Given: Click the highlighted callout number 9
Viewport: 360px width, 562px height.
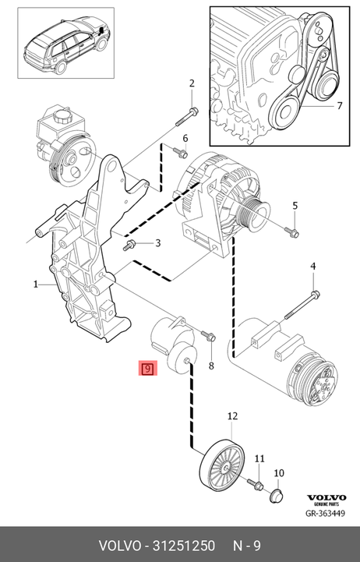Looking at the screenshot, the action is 148,368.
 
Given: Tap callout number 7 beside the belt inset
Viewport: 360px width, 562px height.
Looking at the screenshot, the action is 339,106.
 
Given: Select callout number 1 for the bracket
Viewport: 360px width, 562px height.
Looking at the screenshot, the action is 36,285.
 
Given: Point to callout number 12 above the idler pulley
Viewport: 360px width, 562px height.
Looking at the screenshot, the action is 232,415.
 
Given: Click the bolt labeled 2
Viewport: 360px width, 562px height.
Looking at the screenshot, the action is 185,117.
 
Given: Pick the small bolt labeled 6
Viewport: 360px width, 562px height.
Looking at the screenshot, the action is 180,153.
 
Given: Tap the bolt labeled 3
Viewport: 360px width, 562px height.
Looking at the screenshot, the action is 129,246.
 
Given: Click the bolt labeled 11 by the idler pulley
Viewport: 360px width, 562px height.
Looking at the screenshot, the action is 256,484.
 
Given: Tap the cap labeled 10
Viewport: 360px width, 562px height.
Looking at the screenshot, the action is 276,496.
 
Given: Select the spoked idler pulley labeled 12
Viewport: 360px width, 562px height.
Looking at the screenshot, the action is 222,465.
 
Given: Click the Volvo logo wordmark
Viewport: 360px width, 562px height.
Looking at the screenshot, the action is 326,497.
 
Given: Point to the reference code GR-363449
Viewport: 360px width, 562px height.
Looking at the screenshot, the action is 325,513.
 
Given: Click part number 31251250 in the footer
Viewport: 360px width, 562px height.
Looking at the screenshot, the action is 184,546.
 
